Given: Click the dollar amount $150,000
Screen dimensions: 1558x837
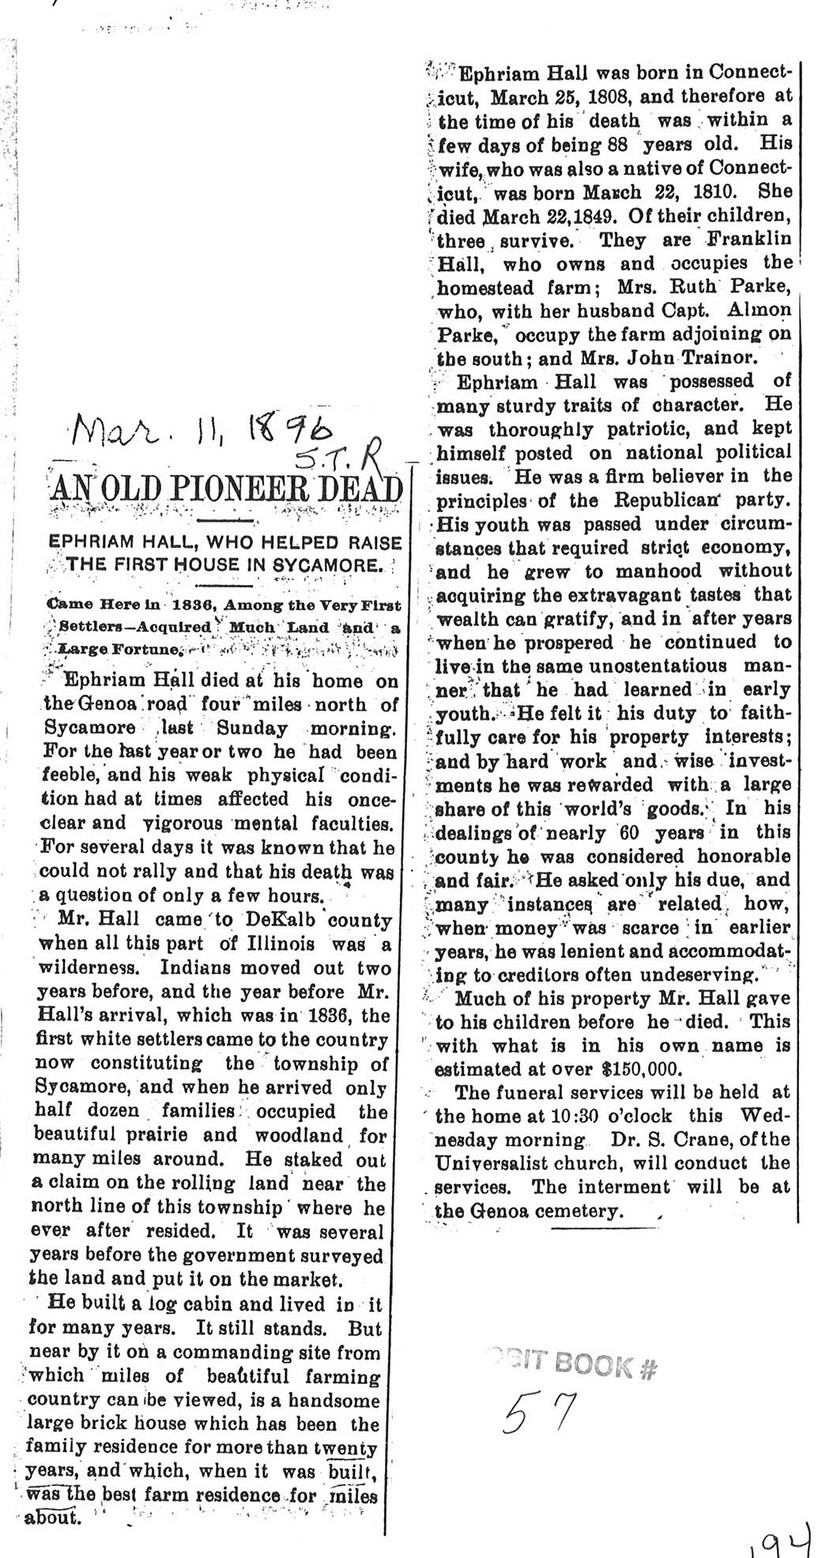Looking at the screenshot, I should (651, 1069).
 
